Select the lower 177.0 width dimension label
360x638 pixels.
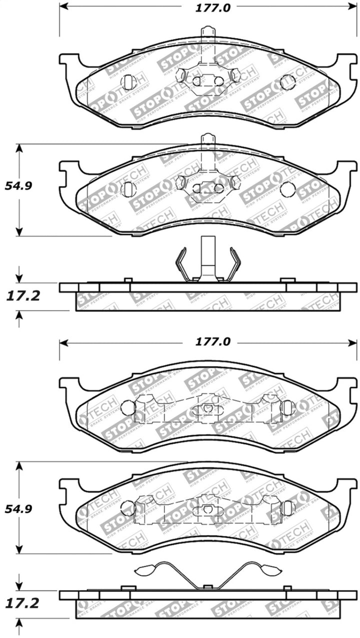(x=208, y=342)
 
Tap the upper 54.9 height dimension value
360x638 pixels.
(x=18, y=186)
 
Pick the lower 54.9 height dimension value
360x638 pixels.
(x=18, y=509)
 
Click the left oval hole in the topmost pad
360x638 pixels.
(x=128, y=81)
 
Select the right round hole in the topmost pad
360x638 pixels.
(x=287, y=82)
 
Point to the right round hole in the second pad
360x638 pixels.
(x=287, y=189)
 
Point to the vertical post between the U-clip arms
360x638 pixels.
(x=207, y=257)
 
